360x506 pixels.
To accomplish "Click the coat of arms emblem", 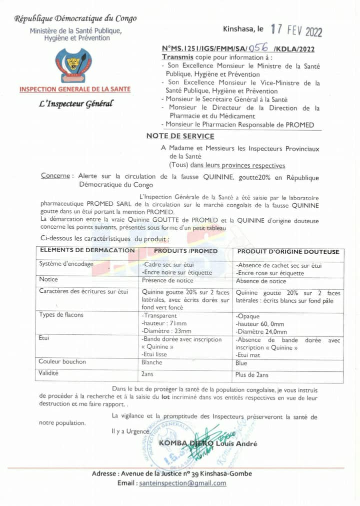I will coord(73,65).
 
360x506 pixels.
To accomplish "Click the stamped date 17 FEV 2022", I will coord(296,31).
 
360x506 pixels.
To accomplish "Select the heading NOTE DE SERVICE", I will coord(180,136).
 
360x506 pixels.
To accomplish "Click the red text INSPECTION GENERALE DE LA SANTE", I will coord(75,90).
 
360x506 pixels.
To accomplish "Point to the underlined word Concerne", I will coord(55,176).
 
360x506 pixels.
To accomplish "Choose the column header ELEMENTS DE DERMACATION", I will coord(87,251).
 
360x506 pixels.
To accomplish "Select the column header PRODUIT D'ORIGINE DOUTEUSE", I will coord(288,252).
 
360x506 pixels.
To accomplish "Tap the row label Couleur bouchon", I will coord(62,361).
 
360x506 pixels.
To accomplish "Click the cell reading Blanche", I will coord(152,363).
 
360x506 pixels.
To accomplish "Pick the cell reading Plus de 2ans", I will coord(251,375).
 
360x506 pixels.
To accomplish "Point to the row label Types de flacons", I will coord(61,314).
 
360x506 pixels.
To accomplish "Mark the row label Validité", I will coord(48,373).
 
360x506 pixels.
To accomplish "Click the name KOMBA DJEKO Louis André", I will coord(207,443).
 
